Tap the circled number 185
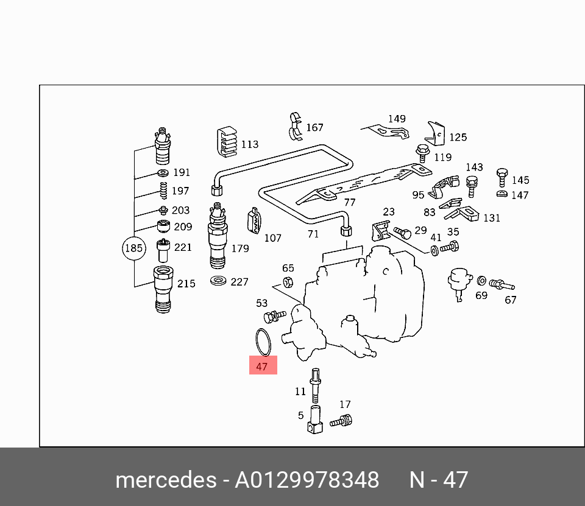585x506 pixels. pyautogui.click(x=133, y=248)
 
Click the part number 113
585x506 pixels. pyautogui.click(x=249, y=144)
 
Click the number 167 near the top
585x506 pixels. pyautogui.click(x=314, y=128)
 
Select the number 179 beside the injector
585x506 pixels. pyautogui.click(x=240, y=248)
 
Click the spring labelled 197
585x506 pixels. pyautogui.click(x=163, y=191)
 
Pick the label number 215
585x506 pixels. pyautogui.click(x=186, y=283)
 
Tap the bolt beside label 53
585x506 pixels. pyautogui.click(x=274, y=315)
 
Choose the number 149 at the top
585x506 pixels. pyautogui.click(x=397, y=119)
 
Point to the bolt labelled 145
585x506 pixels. pyautogui.click(x=502, y=177)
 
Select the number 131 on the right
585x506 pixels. pyautogui.click(x=491, y=218)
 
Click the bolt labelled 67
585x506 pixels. pyautogui.click(x=501, y=284)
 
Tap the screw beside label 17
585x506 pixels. pyautogui.click(x=341, y=420)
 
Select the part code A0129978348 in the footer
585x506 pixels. pyautogui.click(x=307, y=480)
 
